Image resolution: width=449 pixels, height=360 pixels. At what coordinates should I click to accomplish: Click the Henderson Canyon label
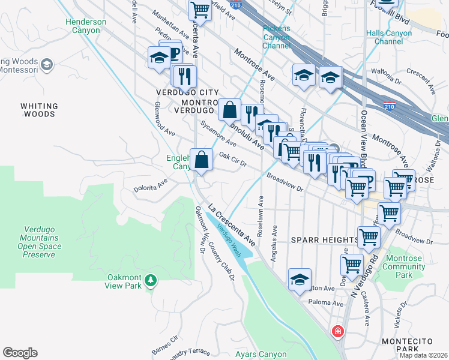click(86, 26)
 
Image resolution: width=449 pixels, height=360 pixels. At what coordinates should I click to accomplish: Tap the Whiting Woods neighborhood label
click(39, 110)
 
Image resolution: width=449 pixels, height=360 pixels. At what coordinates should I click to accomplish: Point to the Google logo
click(20, 353)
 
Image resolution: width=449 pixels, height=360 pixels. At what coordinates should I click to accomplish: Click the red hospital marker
click(338, 331)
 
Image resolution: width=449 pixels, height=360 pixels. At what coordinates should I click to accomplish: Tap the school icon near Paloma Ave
click(300, 280)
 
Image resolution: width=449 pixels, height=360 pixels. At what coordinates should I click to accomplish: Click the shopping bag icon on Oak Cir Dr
click(202, 160)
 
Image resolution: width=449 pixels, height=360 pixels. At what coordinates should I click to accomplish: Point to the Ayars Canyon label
click(261, 354)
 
